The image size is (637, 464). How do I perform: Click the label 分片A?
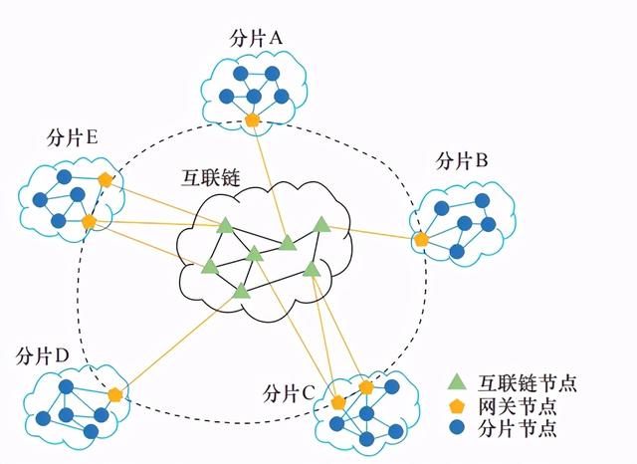point(256,39)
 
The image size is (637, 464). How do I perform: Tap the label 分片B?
point(462,161)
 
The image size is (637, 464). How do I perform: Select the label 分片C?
point(289,393)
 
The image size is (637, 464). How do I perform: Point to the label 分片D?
point(43,357)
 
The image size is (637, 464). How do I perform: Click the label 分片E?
point(73,138)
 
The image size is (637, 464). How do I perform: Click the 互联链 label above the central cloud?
point(211,177)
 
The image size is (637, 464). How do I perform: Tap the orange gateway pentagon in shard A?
point(252,120)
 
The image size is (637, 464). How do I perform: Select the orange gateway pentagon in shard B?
point(422,240)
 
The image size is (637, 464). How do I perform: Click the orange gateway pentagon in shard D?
point(115,395)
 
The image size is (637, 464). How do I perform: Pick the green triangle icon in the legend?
point(458,381)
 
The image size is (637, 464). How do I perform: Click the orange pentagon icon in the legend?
point(458,406)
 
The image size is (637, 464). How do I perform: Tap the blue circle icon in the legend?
point(458,428)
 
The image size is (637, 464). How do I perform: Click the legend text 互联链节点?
point(528,382)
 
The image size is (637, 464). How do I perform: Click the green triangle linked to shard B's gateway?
point(321,224)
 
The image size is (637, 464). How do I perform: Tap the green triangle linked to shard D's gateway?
point(241,291)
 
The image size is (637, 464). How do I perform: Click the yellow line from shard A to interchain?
point(270,181)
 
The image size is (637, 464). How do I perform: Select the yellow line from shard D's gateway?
point(179,344)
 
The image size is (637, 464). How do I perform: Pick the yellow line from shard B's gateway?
point(372,232)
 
